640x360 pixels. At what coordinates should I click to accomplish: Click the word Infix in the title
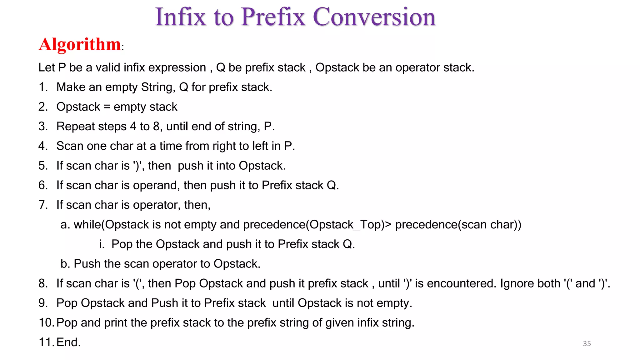coord(181,17)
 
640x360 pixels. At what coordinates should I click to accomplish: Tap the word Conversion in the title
coord(374,17)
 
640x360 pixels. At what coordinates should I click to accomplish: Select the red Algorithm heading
coord(80,44)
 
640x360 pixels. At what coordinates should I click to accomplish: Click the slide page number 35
coord(587,344)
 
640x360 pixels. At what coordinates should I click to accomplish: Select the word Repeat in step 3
coord(76,127)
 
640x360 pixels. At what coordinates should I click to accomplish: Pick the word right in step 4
coord(224,146)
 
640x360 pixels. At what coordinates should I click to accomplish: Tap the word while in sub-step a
coord(87,225)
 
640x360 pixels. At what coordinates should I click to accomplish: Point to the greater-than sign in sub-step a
coord(388,225)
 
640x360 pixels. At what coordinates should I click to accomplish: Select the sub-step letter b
coord(64,264)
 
